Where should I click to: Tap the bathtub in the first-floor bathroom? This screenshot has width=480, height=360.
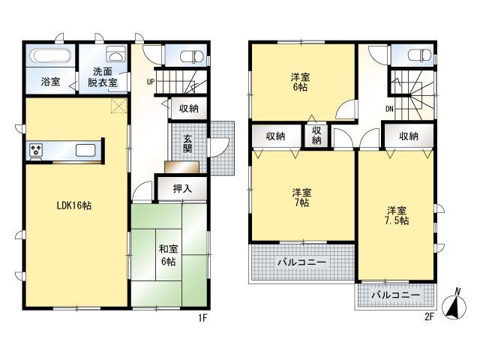(49, 57)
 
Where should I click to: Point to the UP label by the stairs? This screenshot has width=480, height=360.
(151, 81)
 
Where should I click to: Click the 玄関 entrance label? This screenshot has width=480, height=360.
(187, 141)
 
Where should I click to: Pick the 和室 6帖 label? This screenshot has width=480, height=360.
(167, 255)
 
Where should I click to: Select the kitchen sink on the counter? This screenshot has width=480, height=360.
(85, 149)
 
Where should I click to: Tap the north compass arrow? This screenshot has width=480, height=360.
(456, 304)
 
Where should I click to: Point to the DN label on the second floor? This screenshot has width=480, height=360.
(390, 109)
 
